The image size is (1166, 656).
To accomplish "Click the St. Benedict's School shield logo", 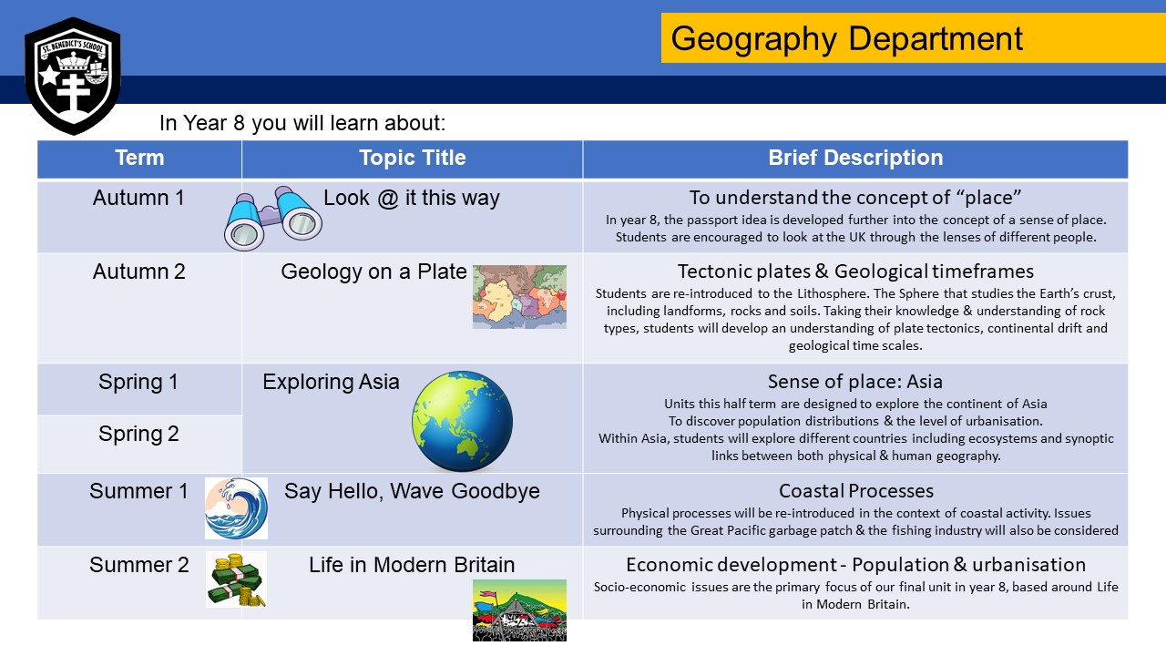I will (x=72, y=75).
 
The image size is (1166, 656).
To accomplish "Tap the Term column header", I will (x=139, y=159).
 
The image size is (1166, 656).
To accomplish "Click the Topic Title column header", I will (x=412, y=159).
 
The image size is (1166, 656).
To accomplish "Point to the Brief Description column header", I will (x=854, y=159).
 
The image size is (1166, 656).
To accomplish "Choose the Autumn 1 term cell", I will (x=138, y=198).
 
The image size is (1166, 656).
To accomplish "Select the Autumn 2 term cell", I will (x=138, y=272).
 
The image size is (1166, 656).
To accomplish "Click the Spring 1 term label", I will (x=138, y=383).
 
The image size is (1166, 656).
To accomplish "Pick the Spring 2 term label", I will (x=138, y=435).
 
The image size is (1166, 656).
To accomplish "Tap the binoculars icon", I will (x=273, y=218).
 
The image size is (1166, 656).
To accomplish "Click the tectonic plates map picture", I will (x=519, y=296).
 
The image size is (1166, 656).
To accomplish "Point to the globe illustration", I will (x=462, y=420).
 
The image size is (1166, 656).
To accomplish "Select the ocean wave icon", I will (x=236, y=508).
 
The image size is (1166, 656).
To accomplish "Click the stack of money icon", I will (x=236, y=579).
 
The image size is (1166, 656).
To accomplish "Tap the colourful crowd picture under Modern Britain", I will (x=519, y=610).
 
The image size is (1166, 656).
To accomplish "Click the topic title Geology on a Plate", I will (x=373, y=272).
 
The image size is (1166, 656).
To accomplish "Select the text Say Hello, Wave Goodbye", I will (x=412, y=492).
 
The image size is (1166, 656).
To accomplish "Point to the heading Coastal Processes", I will (x=855, y=492).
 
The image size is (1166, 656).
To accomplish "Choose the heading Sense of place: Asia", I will (x=854, y=382).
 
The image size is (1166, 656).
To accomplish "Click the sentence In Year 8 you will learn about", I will (x=302, y=123).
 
